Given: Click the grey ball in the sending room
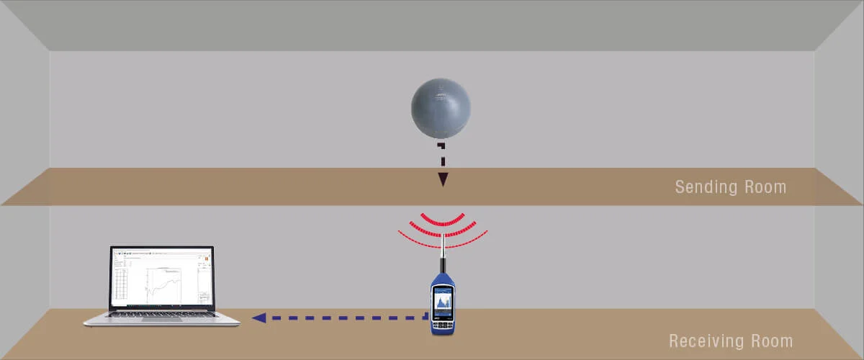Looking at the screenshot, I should pos(441,109).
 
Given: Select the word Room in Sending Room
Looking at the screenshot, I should pos(765,187).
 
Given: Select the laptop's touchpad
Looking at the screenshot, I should pos(161,321).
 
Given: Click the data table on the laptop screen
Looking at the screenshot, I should pos(121,284).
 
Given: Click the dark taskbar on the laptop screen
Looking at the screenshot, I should pos(162,309).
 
